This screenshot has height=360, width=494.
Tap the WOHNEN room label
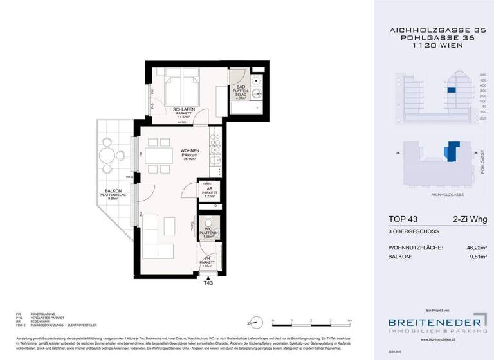pyautogui.click(x=172, y=152)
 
